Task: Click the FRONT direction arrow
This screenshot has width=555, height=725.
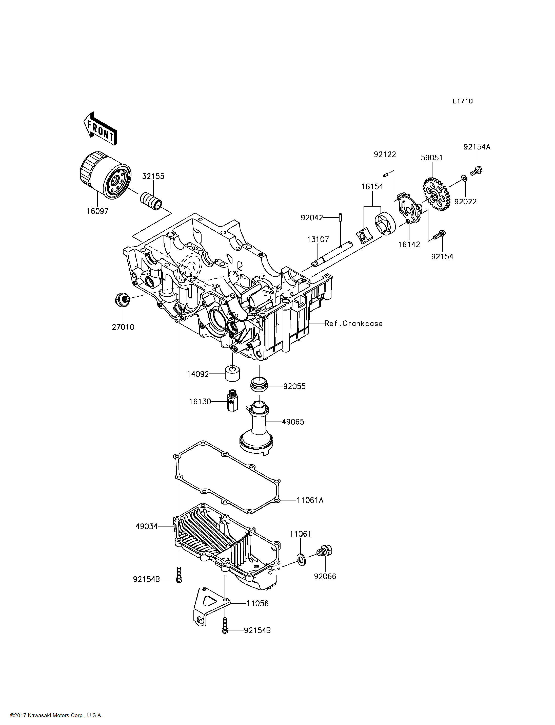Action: click(x=100, y=129)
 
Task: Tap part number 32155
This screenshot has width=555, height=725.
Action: click(x=153, y=176)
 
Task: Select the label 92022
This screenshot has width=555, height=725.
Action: click(x=465, y=202)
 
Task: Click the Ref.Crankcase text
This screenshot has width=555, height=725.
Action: click(x=353, y=323)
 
